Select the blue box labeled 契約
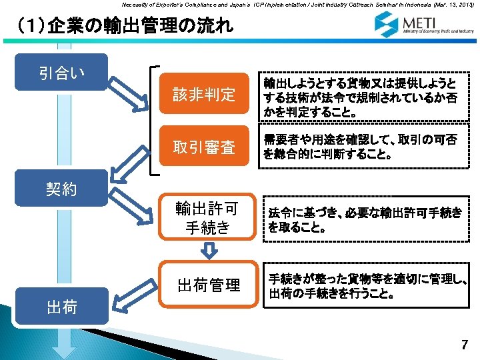coord(61,189)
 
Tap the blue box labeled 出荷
coord(61,307)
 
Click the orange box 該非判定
coord(204,95)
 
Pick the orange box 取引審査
coord(204,147)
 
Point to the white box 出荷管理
coord(209,285)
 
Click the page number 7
coord(465,345)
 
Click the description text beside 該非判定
coord(360,96)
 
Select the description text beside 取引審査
coord(360,147)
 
